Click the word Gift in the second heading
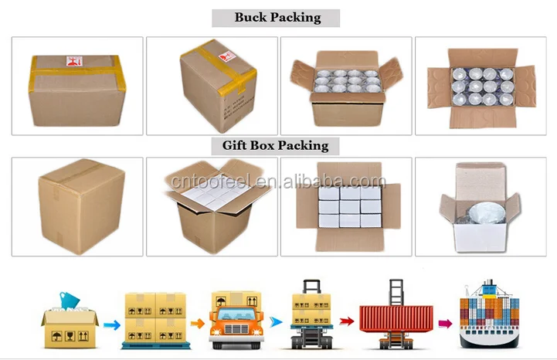[x=236, y=145]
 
